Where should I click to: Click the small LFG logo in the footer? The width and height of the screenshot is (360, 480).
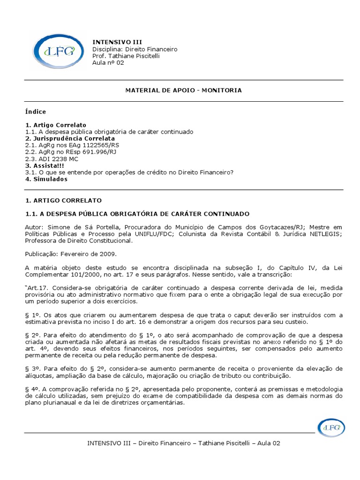tap(332, 427)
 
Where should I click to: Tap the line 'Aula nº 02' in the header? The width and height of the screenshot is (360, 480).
tap(108, 63)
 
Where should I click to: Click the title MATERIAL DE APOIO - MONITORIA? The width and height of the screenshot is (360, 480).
tap(183, 90)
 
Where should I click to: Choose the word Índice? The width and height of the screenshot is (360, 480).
tap(36, 112)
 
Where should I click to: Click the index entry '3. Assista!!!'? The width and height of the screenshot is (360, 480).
tap(45, 165)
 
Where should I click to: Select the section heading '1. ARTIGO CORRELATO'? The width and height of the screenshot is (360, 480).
tap(63, 200)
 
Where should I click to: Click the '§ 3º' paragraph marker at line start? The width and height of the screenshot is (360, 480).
tap(32, 368)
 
